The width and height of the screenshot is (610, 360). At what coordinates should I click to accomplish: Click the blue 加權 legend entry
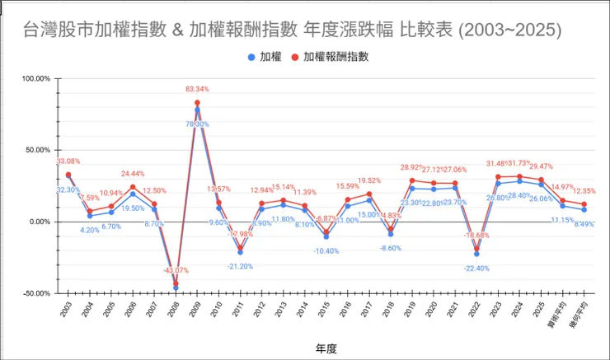[x=263, y=58]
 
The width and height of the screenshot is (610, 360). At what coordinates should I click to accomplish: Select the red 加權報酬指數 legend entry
[x=329, y=58]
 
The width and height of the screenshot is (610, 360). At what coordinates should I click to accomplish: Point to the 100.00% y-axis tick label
[x=36, y=79]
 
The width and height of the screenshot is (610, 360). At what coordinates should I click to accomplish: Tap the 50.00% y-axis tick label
[x=38, y=151]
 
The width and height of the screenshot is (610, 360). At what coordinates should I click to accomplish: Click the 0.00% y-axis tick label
[x=40, y=222]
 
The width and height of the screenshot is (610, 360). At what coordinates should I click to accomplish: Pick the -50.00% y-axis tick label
[x=37, y=293]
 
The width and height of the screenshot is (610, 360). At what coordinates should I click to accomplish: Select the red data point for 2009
[x=197, y=103]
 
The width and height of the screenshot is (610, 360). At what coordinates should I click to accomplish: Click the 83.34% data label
[x=197, y=89]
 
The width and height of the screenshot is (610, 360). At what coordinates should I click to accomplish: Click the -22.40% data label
[x=476, y=268]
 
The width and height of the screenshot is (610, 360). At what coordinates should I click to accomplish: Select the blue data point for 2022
[x=476, y=254]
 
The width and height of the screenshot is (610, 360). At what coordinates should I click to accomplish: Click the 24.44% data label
[x=133, y=174]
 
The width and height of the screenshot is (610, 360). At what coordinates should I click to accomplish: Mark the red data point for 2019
[x=412, y=180]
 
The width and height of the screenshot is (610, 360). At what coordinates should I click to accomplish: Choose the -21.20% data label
[x=240, y=266]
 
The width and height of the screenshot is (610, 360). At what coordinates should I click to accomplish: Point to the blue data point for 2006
[x=133, y=194]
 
